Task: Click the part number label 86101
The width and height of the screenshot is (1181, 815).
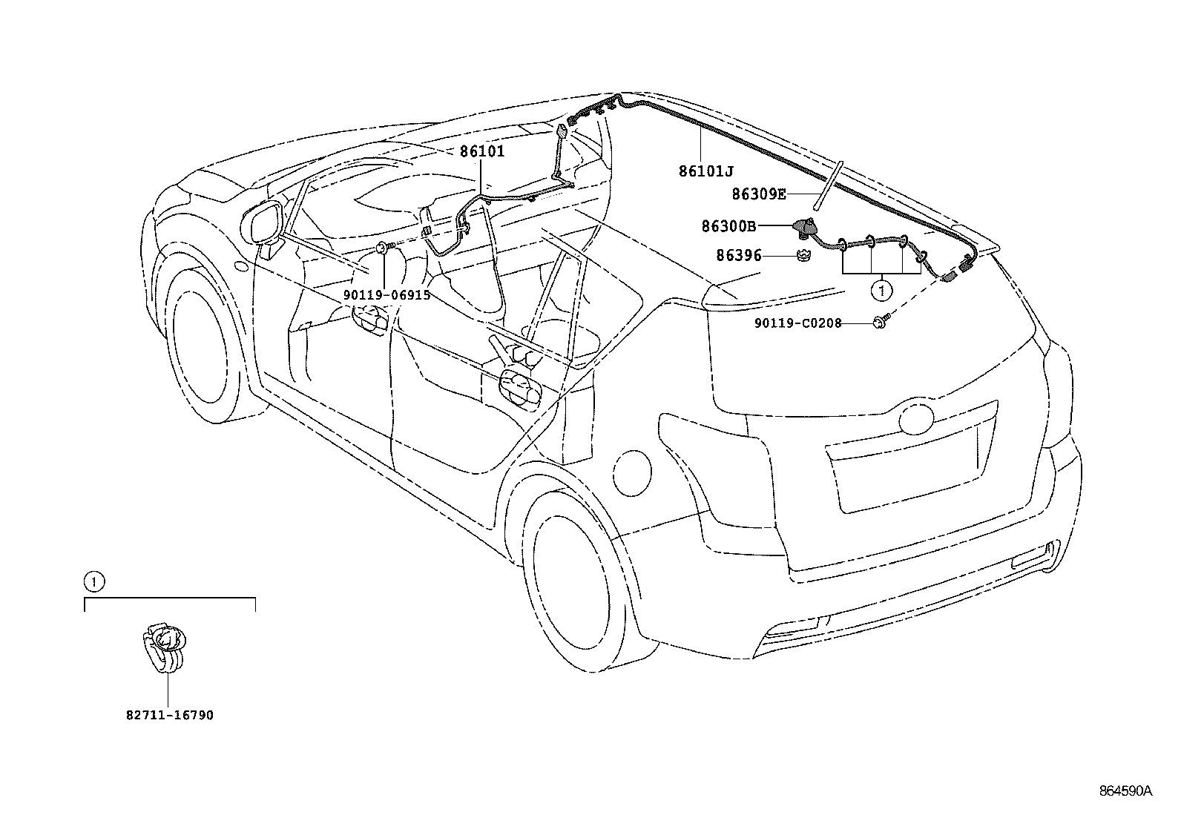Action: [x=481, y=151]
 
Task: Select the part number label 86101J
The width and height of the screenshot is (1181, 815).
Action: [x=705, y=171]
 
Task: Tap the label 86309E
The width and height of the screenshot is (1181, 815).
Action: [x=758, y=194]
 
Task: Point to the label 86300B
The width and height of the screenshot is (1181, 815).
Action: [x=728, y=225]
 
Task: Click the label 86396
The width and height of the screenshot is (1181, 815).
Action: [x=738, y=256]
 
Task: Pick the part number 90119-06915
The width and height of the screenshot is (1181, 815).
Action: [x=386, y=294]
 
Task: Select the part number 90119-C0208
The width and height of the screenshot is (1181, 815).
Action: [x=797, y=323]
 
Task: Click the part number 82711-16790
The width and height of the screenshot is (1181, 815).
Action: [x=169, y=716]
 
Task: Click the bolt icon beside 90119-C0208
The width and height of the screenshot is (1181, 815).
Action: [x=881, y=322]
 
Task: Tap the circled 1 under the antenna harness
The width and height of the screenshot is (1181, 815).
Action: [x=881, y=291]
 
